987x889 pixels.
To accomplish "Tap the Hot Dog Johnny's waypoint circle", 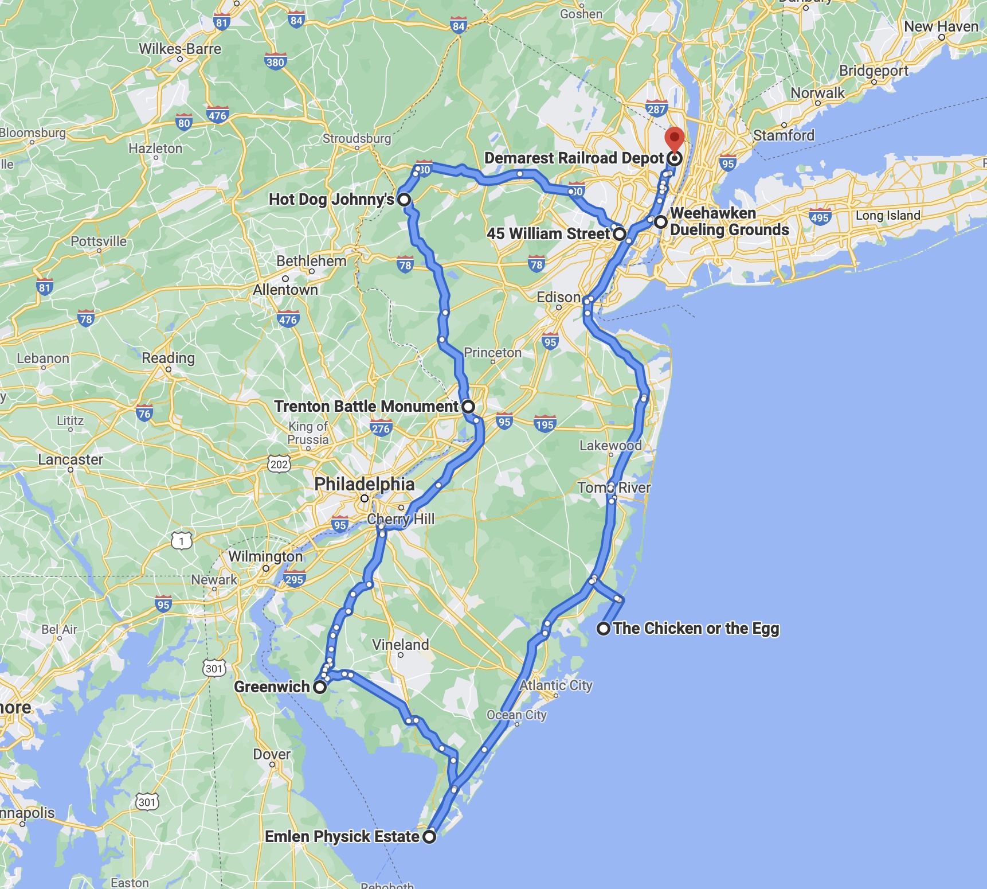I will [404, 200].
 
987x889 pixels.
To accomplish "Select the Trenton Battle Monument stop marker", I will [468, 407].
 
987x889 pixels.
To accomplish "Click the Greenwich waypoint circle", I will [320, 687].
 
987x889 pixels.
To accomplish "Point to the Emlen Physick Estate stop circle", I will [429, 836].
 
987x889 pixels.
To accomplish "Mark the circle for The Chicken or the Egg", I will [603, 629].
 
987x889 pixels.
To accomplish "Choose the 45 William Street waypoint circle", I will [620, 234].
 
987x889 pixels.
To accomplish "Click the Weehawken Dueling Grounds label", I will [729, 221].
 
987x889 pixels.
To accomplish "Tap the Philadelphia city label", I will [364, 484].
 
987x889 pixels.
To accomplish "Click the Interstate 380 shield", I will [275, 62].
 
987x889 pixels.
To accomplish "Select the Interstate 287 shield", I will [656, 109].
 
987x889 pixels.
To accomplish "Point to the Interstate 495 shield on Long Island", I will [820, 217].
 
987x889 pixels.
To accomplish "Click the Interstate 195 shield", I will [545, 424].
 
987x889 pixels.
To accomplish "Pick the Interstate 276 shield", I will [381, 428].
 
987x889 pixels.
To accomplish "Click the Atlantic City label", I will [555, 685].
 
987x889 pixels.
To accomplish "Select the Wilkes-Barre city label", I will [180, 49].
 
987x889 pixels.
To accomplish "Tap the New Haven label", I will [941, 26].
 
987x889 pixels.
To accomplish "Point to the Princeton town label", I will [492, 353].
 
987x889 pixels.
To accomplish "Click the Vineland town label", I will [400, 645].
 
